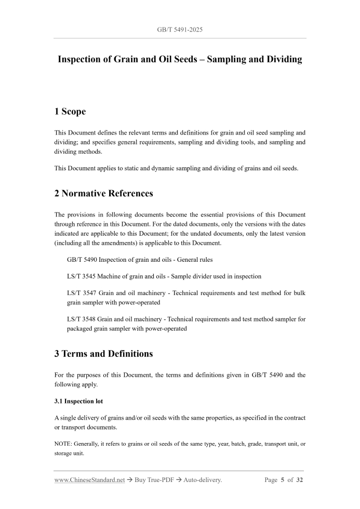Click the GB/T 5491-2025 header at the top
(180, 30)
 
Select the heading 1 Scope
(70, 111)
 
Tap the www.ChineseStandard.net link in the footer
(90, 480)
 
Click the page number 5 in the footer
(284, 480)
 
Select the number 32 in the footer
(299, 480)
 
